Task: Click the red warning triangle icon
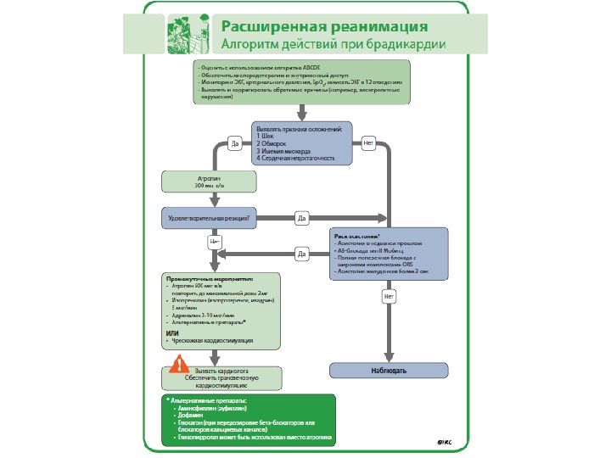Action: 179,366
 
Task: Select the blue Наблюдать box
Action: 388,371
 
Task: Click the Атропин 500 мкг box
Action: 209,182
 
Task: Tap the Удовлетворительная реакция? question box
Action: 208,219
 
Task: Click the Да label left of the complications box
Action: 235,144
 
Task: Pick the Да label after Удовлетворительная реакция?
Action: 301,219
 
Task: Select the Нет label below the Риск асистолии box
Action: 389,297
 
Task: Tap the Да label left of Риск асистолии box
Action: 301,253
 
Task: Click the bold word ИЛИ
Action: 172,332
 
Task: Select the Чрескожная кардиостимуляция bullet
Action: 211,341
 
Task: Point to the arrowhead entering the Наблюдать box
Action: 388,359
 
